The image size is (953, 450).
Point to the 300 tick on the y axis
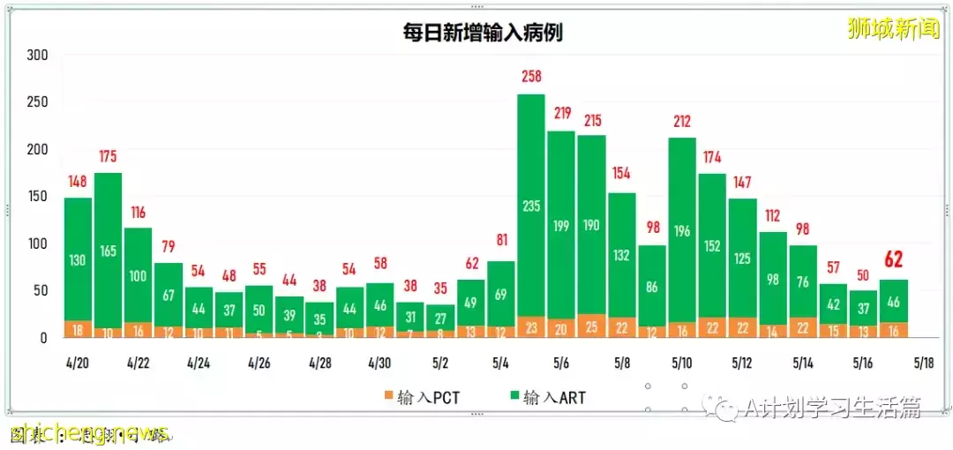pos(36,55)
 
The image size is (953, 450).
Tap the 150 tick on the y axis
pos(36,196)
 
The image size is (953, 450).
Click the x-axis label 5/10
pos(681,363)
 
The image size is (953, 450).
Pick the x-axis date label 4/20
pos(77,363)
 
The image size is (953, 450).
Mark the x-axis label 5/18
pos(923,363)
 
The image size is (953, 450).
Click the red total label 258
pos(530,77)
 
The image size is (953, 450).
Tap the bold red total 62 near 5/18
pos(893,259)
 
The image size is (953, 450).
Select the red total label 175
pos(108,156)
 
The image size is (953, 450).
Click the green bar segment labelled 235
pos(530,206)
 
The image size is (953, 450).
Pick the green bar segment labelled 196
pos(681,231)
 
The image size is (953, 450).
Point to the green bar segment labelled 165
pos(108,251)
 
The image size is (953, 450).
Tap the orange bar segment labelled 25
pos(591,326)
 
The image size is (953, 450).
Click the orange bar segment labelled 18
pos(78,329)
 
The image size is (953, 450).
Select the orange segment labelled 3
pos(319,335)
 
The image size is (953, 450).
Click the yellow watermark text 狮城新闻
pos(892,29)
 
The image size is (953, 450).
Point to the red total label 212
pos(681,121)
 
